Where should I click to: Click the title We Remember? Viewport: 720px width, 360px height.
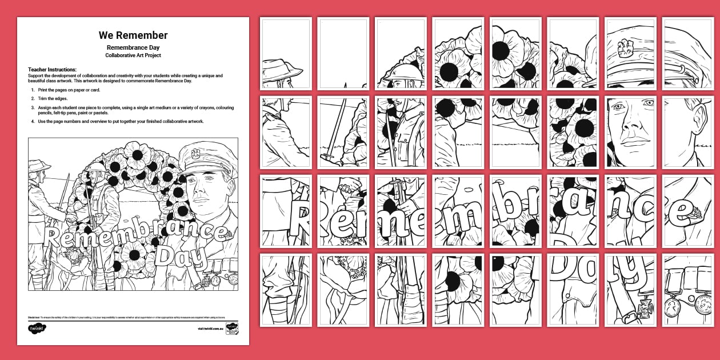(133, 35)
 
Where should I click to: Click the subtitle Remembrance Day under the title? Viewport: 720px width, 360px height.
(133, 47)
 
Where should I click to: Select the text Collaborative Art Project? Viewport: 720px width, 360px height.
(133, 55)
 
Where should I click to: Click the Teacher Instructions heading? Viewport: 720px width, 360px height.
(52, 69)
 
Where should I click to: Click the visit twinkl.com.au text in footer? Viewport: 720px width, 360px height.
(209, 329)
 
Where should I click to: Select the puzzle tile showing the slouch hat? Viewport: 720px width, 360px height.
(286, 54)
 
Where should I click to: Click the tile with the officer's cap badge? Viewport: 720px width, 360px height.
(630, 54)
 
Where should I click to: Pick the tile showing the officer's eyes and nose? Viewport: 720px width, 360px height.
(630, 132)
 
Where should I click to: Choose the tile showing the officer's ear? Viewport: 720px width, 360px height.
(687, 132)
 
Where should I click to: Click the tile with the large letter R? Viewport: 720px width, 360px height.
(343, 211)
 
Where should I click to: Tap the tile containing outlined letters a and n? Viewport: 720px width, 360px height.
(573, 211)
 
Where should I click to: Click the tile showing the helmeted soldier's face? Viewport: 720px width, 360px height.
(401, 54)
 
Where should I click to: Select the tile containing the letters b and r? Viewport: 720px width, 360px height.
(515, 211)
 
